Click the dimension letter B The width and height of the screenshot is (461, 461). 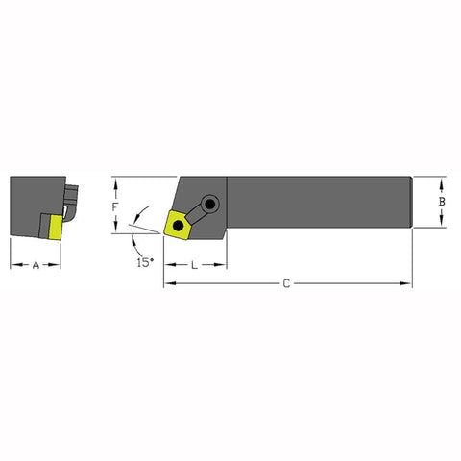tap(440, 202)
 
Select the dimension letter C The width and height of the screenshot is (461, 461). tap(286, 283)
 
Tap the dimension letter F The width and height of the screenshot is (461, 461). tap(116, 206)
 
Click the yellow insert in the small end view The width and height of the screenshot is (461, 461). tap(54, 227)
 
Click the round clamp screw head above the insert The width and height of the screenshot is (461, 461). tap(211, 203)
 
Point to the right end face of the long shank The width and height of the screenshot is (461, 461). tap(411, 202)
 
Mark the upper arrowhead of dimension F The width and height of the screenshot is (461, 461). tap(115, 181)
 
